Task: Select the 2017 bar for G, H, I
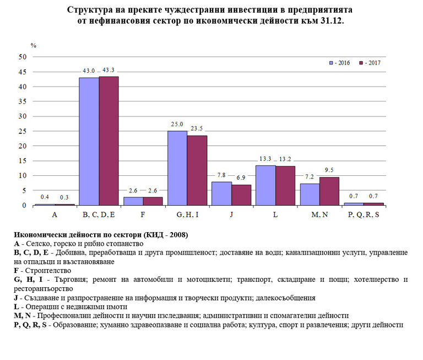[x=197, y=170]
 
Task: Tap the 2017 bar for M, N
[x=329, y=191]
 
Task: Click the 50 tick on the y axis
[x=23, y=57]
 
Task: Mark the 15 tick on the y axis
[x=23, y=161]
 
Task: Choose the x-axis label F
[x=143, y=214]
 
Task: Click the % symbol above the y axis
[x=33, y=45]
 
